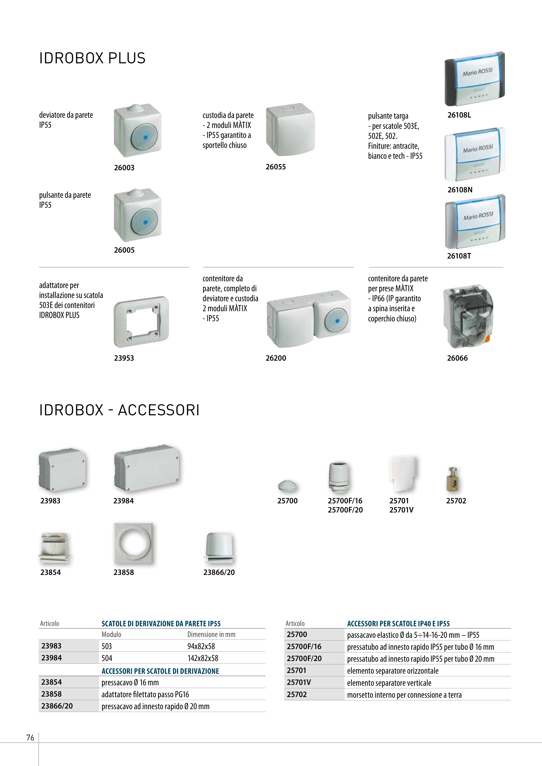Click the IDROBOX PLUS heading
point(92,58)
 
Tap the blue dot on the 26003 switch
point(145,137)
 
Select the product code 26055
point(275,167)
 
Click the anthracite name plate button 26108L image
point(474,79)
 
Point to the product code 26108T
point(459,256)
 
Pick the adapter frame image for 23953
point(141,322)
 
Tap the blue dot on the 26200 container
point(337,321)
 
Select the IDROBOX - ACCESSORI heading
point(119,410)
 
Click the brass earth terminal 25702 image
point(452,480)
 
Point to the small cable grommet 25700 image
point(287,486)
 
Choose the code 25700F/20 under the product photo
point(345,510)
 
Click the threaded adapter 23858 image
point(133,543)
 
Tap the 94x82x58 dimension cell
point(201,646)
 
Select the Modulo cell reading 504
point(107,658)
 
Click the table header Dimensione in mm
point(211,634)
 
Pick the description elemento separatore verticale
point(389,683)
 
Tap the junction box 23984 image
point(146,468)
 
